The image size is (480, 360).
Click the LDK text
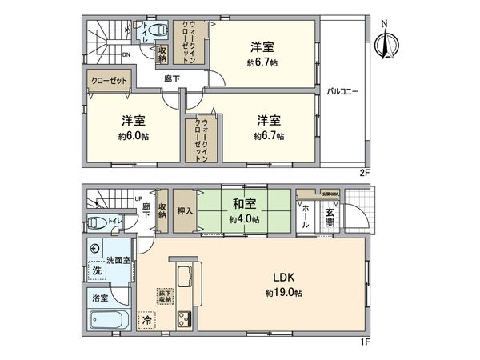286,278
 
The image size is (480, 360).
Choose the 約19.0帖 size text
286,294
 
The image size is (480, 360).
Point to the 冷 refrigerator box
147,319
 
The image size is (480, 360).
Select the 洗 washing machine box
96,270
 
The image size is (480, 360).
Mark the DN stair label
126,54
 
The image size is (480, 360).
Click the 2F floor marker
362,172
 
